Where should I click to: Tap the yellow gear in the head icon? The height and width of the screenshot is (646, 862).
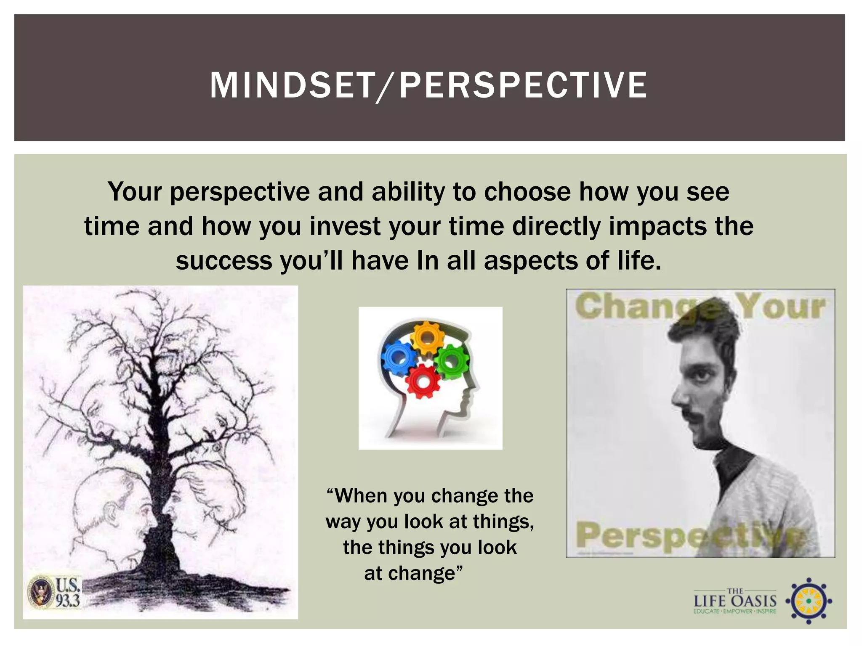[426, 338]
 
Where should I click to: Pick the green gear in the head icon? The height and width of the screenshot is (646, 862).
[452, 361]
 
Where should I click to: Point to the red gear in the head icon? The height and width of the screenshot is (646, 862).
[423, 381]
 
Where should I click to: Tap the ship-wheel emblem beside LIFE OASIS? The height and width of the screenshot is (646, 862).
[809, 601]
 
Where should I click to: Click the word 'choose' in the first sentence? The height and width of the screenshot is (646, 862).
[527, 192]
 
